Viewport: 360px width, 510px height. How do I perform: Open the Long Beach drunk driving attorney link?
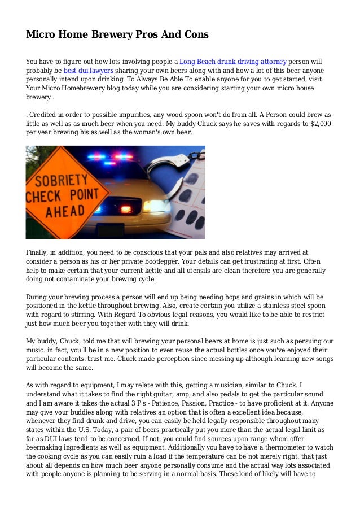coord(233,61)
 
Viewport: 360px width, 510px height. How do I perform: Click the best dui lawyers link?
coord(89,71)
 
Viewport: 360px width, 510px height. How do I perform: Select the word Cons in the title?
coord(195,35)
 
